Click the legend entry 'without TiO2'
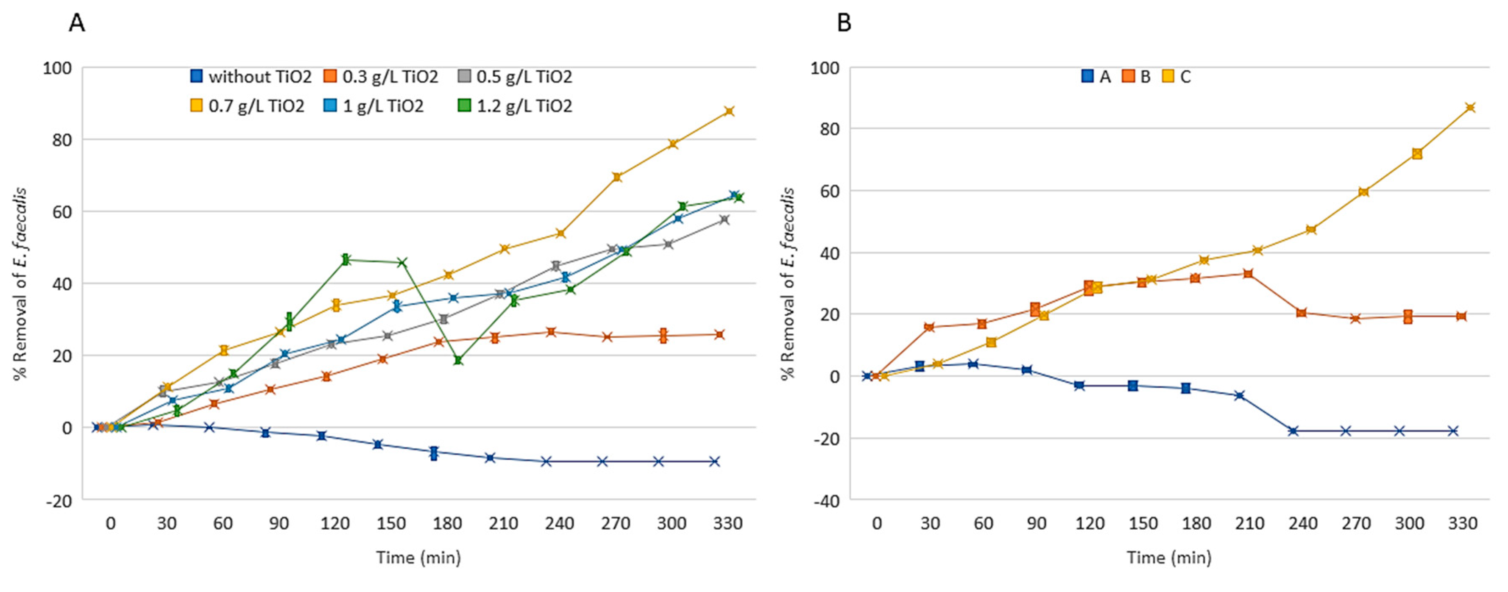pos(252,77)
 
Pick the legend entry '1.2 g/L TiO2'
pos(515,106)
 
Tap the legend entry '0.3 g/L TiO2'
pos(382,77)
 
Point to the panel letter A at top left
pos(77,23)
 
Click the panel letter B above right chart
pos(844,23)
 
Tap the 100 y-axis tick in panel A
pos(57,69)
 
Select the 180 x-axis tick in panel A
pos(447,523)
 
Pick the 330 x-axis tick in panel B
pos(1462,523)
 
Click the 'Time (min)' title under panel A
pos(418,558)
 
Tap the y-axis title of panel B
pos(788,284)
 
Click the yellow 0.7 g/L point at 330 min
pos(729,111)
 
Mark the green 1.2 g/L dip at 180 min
pos(458,360)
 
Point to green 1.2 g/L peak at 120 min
pos(346,260)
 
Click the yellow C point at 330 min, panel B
pos(1470,108)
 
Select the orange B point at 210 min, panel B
pos(1248,274)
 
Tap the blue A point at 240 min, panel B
pos(1293,431)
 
